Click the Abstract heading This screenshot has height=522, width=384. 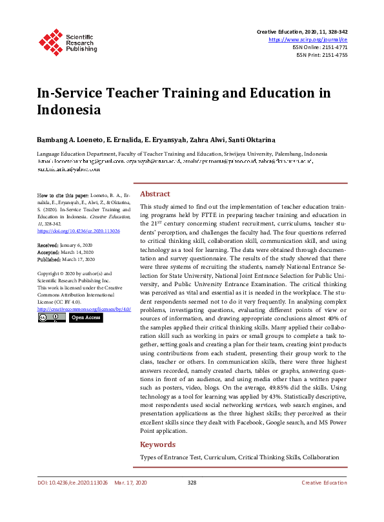coord(155,194)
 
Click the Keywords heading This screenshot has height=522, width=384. coord(157,444)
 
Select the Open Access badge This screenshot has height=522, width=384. coord(86,318)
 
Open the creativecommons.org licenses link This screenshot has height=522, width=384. coord(84,309)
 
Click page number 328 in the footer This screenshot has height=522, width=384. coord(192,501)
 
